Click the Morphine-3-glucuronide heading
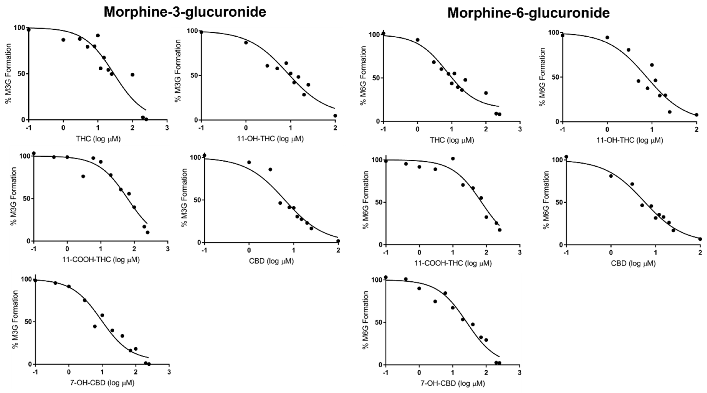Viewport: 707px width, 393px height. (185, 12)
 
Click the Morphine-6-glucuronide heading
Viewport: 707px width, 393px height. (528, 13)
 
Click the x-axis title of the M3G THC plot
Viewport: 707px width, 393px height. (98, 139)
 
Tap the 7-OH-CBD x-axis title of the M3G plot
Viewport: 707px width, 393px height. (102, 383)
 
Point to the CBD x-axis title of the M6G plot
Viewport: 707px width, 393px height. (633, 264)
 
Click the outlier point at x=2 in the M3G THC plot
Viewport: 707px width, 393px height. (132, 75)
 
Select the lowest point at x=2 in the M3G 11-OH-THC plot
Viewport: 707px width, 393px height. (335, 116)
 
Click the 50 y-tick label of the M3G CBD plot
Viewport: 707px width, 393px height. (197, 200)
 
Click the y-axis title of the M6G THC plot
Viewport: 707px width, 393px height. (363, 75)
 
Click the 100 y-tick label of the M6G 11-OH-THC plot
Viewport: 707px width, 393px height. (553, 33)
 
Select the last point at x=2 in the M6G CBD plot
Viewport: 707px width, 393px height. (700, 239)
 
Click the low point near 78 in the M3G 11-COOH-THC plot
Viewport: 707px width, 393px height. (83, 176)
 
